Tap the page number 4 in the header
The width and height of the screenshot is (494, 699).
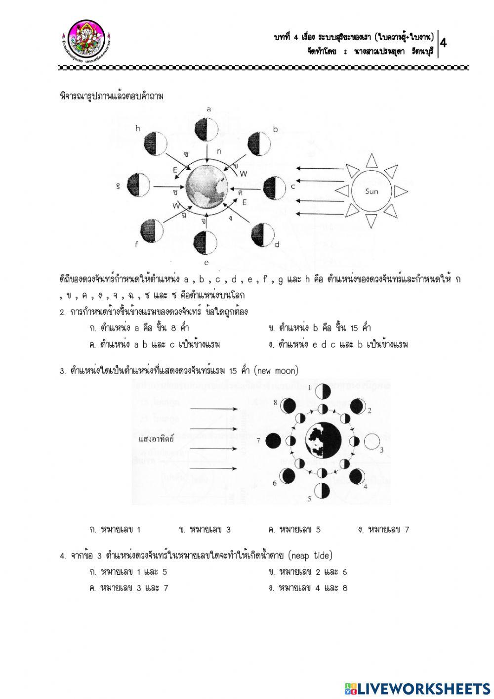pyautogui.click(x=443, y=43)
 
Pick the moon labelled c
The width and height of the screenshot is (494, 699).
pyautogui.click(x=274, y=187)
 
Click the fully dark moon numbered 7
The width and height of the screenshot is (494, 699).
pyautogui.click(x=273, y=440)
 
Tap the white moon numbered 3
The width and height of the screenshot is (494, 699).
pyautogui.click(x=373, y=440)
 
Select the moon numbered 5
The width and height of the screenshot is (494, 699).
pyautogui.click(x=323, y=490)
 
